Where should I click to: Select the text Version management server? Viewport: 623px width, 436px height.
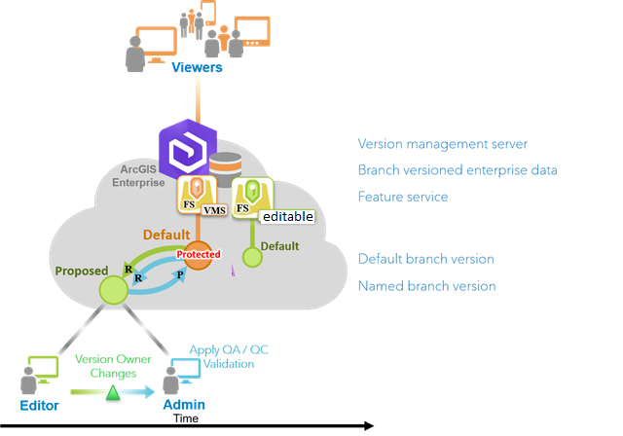(443, 144)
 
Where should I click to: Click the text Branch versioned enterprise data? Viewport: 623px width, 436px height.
(458, 170)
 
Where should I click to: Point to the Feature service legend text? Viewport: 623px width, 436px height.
(403, 197)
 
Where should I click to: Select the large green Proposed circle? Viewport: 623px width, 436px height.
(115, 288)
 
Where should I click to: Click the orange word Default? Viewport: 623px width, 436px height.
(166, 235)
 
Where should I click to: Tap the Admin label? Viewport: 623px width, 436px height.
(183, 405)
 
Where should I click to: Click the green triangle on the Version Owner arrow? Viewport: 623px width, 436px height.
(112, 392)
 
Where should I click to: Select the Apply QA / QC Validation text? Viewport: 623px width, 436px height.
(223, 357)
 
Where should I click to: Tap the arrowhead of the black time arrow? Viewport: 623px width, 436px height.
(368, 425)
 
